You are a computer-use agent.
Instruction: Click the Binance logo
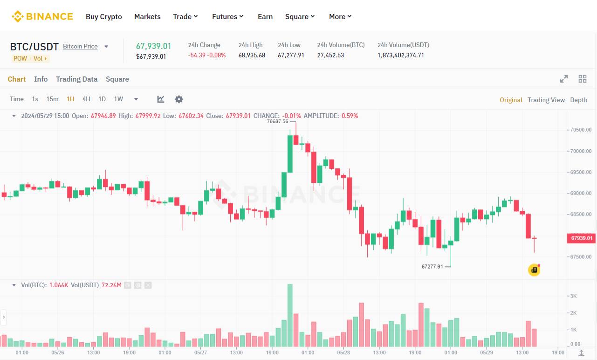tap(42, 16)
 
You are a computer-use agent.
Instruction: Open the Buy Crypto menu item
tap(104, 17)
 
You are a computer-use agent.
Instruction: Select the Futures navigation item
tap(227, 17)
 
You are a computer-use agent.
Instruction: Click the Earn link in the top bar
tap(265, 17)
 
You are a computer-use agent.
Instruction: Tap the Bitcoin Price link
tap(80, 46)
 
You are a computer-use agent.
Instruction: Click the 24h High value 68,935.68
tap(252, 55)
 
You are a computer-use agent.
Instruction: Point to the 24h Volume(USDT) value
tap(401, 55)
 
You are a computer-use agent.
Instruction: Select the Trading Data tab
tap(76, 79)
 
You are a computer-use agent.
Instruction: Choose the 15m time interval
tap(52, 99)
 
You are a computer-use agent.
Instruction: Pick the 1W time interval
tap(118, 99)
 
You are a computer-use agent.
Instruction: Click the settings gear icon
tap(179, 99)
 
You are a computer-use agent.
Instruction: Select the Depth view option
tap(578, 100)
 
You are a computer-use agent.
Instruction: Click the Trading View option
tap(546, 100)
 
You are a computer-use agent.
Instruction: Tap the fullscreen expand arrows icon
tap(564, 79)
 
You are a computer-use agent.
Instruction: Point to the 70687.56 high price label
tap(278, 121)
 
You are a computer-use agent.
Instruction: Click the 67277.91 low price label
tap(432, 267)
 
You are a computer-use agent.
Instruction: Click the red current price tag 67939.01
tap(581, 238)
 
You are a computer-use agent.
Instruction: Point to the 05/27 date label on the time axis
tap(201, 353)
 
